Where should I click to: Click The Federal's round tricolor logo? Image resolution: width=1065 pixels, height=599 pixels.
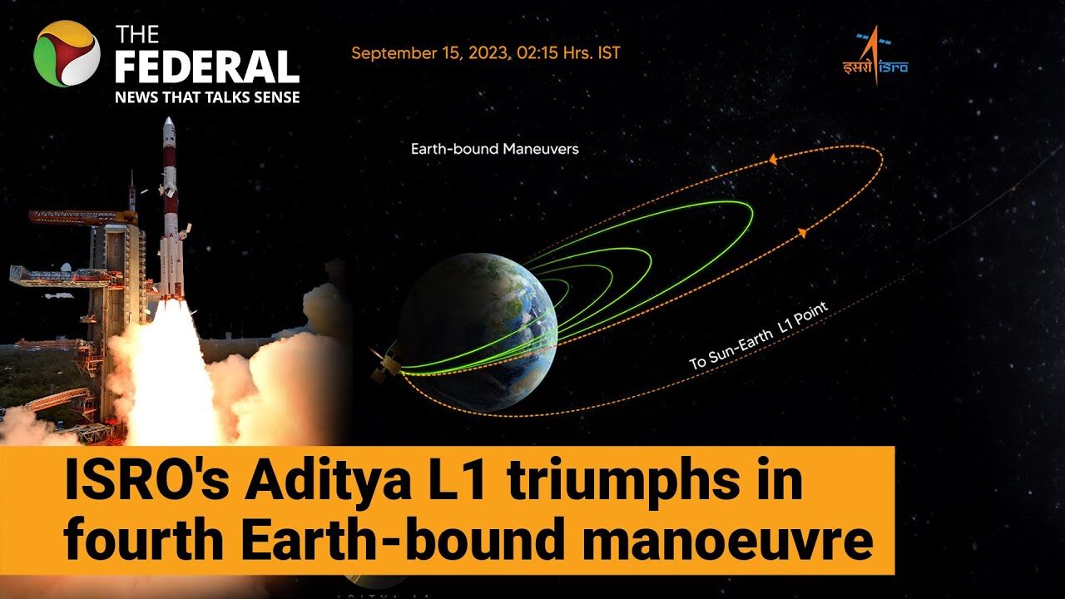click(67, 54)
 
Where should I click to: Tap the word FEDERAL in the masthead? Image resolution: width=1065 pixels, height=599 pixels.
click(207, 67)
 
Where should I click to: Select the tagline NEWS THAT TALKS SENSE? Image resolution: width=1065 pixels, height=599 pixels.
click(207, 97)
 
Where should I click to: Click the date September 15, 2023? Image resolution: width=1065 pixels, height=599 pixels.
click(430, 53)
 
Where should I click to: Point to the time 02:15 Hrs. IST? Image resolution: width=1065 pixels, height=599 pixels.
click(568, 52)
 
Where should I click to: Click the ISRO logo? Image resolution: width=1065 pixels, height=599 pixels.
click(875, 56)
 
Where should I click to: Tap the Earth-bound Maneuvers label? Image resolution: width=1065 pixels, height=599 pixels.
click(495, 149)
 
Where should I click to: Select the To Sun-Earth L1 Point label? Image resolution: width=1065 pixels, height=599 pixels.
click(759, 335)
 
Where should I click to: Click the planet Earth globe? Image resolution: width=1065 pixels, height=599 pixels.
click(478, 333)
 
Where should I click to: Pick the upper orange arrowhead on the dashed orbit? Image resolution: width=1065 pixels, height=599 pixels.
click(773, 160)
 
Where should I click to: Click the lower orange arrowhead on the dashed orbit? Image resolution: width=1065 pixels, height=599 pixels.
click(802, 233)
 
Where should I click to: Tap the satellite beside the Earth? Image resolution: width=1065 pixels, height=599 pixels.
click(384, 363)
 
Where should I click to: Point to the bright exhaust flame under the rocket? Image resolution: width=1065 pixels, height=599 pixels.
click(161, 371)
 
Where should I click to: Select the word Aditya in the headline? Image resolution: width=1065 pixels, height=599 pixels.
click(328, 482)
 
